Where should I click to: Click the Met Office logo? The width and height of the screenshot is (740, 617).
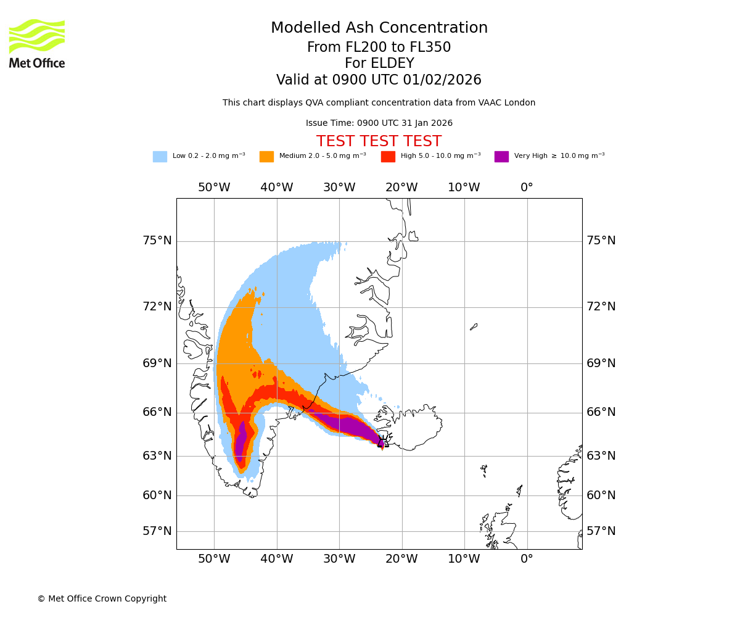37,43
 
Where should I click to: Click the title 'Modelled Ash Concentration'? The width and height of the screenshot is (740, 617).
379,28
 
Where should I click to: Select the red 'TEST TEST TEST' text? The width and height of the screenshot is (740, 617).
379,141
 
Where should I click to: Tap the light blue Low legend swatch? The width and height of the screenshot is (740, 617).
160,157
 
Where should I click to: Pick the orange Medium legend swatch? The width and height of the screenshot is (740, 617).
266,157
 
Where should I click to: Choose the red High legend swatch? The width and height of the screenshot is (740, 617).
388,157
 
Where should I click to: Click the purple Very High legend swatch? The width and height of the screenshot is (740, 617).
501,157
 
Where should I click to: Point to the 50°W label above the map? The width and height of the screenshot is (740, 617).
214,188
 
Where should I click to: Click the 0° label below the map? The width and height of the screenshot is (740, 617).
527,559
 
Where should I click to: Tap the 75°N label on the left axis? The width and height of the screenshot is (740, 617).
157,241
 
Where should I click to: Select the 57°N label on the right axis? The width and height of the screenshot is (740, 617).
601,531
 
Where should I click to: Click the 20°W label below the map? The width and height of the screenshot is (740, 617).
401,559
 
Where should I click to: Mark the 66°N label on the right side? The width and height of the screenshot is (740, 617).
601,412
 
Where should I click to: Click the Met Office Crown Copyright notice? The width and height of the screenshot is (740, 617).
102,598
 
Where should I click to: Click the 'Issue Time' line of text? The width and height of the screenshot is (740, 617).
379,123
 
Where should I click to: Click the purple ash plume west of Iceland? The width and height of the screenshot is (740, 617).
348,426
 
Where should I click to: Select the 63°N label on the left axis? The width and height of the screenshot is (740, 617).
157,456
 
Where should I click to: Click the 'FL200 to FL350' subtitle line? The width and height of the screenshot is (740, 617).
379,48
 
